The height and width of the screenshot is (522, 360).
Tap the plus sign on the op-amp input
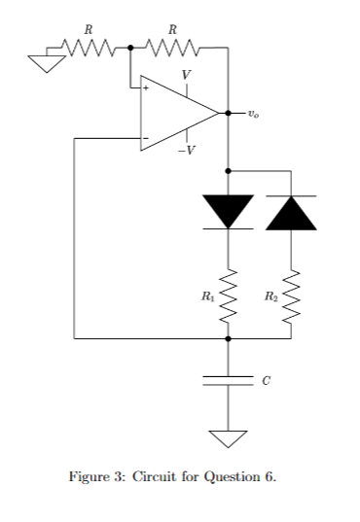point(147,88)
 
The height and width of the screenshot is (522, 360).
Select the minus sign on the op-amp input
point(147,139)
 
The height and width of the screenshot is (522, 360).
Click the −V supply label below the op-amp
point(185,150)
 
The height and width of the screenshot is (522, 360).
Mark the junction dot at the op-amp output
point(228,113)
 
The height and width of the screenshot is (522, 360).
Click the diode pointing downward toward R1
point(228,211)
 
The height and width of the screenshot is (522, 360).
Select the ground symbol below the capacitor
point(228,438)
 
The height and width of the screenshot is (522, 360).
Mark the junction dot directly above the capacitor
point(228,339)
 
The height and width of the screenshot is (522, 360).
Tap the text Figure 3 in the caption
point(95,477)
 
